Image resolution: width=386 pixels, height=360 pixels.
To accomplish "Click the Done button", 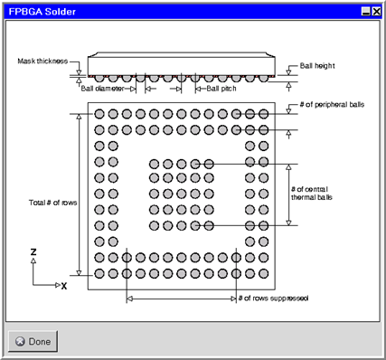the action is [33, 341].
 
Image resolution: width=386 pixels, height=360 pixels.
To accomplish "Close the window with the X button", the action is [376, 12].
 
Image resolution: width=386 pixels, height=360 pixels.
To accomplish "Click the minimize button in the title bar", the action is [366, 12].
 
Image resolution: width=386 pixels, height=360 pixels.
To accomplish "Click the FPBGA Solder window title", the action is [42, 12].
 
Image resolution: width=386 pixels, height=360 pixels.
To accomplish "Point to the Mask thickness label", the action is [42, 62].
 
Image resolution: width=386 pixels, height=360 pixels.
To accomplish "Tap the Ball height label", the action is [317, 66].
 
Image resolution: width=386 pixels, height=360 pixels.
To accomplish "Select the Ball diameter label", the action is [102, 89].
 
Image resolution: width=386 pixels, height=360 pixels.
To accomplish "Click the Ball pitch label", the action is [221, 89].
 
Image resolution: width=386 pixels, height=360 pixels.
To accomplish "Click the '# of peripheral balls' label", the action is [332, 105].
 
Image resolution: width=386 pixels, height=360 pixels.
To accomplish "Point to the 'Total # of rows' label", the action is [52, 203].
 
